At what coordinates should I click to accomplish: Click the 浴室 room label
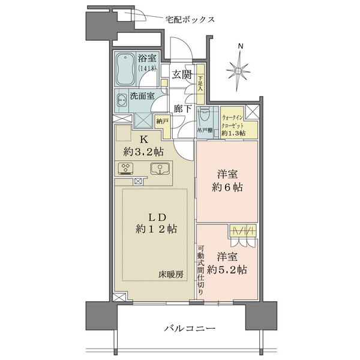[x=148, y=59]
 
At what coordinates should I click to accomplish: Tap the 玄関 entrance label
[x=182, y=74]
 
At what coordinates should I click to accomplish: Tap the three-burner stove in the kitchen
[x=127, y=169]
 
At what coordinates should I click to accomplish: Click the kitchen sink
[x=158, y=169]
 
